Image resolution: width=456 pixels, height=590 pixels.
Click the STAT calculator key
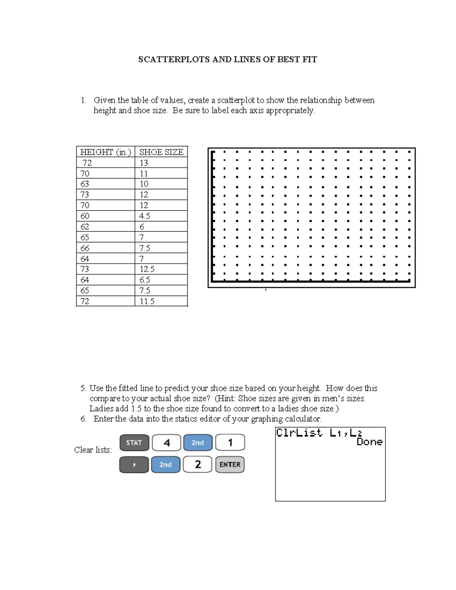tap(134, 443)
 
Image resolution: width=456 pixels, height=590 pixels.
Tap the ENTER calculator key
tap(230, 465)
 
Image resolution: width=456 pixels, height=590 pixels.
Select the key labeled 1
tap(230, 443)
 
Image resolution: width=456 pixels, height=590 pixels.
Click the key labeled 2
tap(198, 465)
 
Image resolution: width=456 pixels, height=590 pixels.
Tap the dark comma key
tap(134, 465)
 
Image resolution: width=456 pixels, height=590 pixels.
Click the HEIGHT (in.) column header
tap(105, 152)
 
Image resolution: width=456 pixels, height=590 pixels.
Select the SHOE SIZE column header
tap(161, 152)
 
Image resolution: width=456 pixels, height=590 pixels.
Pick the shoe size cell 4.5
tap(145, 216)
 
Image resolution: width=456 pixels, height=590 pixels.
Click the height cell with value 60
tap(85, 216)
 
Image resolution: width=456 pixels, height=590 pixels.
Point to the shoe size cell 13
tap(144, 163)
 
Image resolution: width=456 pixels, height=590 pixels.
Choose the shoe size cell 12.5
tap(147, 269)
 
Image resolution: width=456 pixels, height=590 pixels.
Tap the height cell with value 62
tap(85, 227)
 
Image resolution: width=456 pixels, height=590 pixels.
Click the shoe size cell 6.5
tap(145, 280)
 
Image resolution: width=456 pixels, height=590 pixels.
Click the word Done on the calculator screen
tap(369, 442)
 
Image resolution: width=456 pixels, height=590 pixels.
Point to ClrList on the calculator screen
tap(299, 433)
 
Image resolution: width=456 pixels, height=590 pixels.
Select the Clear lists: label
tap(93, 450)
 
